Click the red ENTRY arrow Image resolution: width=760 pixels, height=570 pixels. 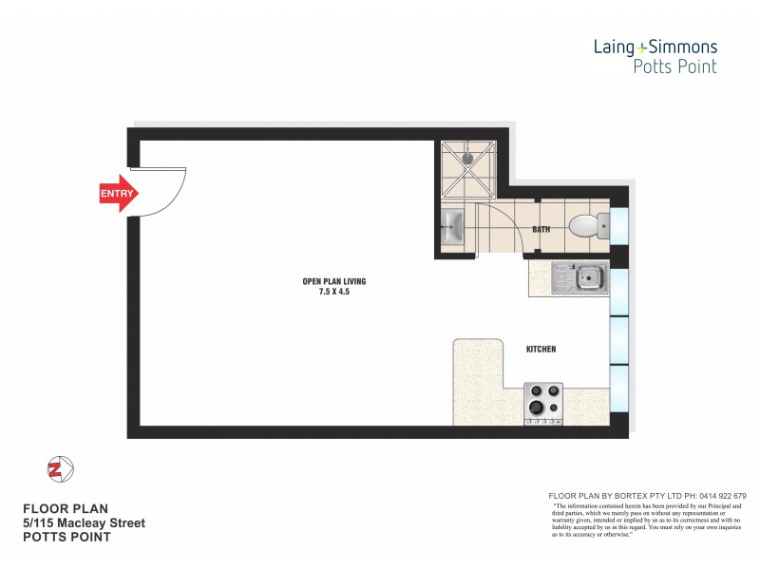tap(119, 194)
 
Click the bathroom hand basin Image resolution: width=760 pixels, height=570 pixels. tap(453, 228)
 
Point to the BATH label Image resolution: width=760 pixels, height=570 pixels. tap(541, 230)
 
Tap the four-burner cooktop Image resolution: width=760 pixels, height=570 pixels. tap(543, 401)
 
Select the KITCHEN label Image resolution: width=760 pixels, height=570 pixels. tap(541, 350)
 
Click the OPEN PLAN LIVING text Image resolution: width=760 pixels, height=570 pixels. tap(333, 281)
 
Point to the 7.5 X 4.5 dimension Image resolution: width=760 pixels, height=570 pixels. tap(333, 292)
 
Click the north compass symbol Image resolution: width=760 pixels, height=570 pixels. tap(59, 469)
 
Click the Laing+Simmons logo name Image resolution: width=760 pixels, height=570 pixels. tap(655, 46)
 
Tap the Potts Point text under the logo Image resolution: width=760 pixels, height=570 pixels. tap(674, 66)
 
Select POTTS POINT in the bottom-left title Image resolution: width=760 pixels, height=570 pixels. tap(66, 537)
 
